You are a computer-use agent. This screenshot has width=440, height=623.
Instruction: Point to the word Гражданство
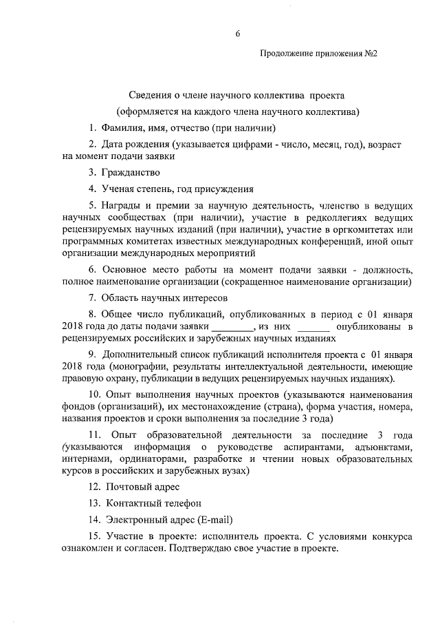[130, 172]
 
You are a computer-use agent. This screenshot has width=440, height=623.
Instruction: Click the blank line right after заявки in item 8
[232, 327]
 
